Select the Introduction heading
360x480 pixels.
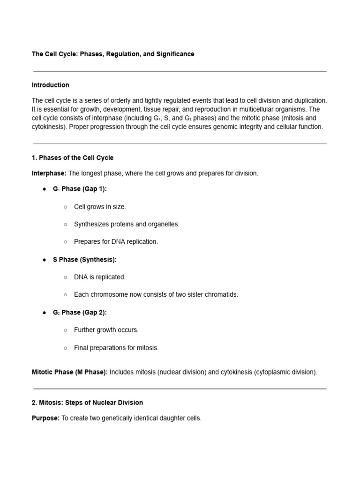[50, 85]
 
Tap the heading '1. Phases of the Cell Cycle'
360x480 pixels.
[72, 157]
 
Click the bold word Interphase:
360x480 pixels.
[49, 173]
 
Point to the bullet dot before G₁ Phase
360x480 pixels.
[44, 189]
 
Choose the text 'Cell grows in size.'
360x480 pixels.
[100, 207]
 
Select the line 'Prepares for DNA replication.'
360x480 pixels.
[116, 242]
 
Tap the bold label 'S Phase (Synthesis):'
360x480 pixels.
[84, 259]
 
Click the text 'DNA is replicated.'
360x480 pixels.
[99, 277]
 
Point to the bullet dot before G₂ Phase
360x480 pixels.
[44, 312]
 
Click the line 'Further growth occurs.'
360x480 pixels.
[105, 330]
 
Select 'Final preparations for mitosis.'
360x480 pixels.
[116, 348]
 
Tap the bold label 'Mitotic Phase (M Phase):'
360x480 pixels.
[69, 372]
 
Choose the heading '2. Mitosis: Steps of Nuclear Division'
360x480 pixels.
[87, 403]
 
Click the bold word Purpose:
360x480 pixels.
[45, 418]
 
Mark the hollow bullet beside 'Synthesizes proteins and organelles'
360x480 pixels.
[65, 224]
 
